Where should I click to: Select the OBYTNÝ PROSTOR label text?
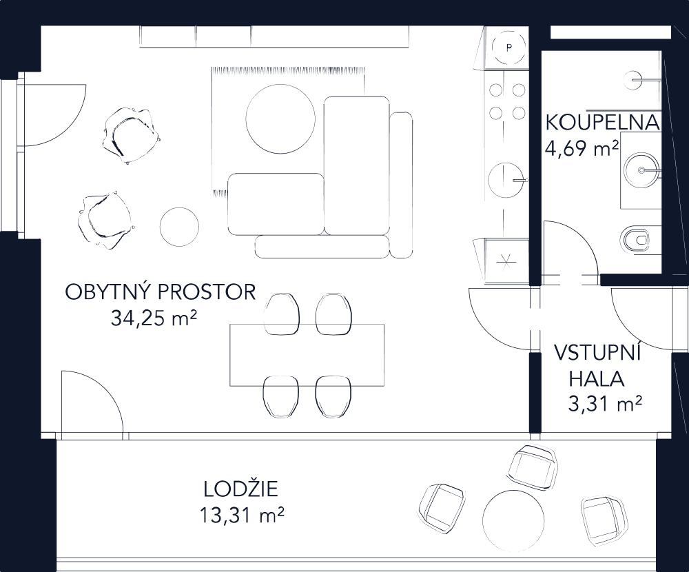click(x=161, y=292)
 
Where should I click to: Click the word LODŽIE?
click(x=241, y=490)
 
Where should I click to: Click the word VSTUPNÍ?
click(x=598, y=355)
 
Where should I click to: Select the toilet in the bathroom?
click(x=637, y=240)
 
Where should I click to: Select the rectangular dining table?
click(x=307, y=355)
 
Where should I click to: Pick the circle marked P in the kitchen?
click(x=508, y=48)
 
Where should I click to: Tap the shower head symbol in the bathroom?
click(x=632, y=80)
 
